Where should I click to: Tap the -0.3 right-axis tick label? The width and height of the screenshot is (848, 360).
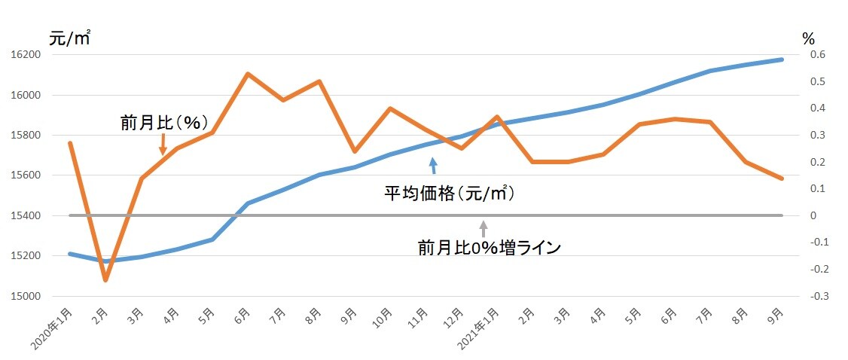(816, 296)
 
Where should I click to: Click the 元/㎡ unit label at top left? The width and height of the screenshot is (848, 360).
(69, 37)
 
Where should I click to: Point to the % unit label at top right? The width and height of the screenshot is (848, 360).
(808, 38)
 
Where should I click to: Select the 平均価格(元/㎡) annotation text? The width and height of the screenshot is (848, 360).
(449, 194)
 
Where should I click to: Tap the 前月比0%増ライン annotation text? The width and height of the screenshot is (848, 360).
(490, 247)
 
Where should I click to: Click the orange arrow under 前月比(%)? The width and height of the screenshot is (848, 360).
(163, 145)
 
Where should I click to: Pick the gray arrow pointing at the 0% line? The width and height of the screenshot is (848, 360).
(483, 229)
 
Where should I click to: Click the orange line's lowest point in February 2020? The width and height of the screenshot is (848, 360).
(105, 280)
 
